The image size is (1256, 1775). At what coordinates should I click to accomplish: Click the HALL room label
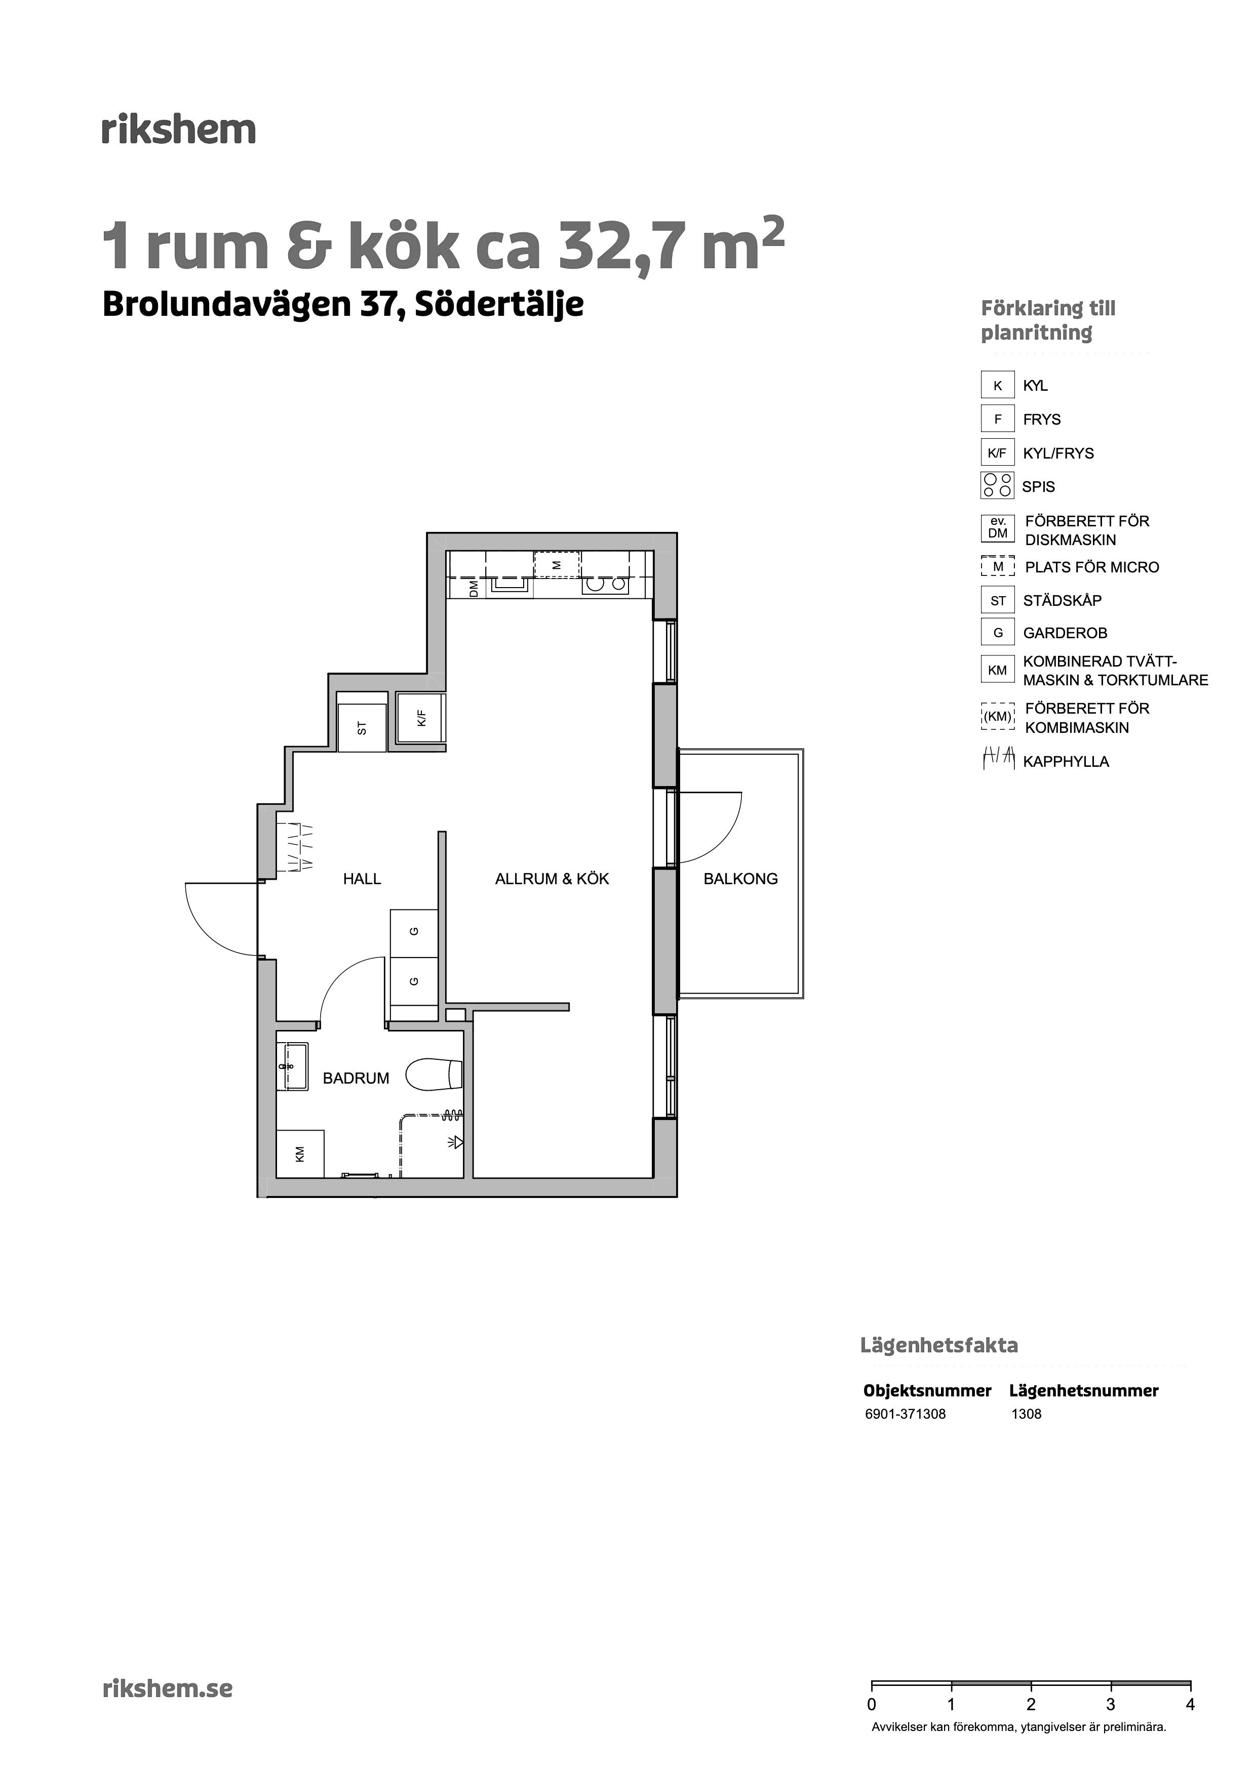coord(362,879)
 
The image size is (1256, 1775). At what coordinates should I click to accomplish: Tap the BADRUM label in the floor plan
coord(356,1079)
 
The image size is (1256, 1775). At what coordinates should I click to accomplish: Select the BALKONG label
coord(740,879)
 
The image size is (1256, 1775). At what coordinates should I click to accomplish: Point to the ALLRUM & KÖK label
coord(552,879)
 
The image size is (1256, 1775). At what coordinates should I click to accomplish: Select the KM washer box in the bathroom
coord(300,1153)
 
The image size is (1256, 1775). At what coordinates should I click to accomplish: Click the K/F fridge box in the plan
coord(421,718)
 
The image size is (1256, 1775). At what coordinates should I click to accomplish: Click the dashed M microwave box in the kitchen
coord(557,564)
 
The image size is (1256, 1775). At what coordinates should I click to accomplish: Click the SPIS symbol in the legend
coord(998,485)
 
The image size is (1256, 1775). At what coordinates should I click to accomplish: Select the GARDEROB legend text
coord(1065,633)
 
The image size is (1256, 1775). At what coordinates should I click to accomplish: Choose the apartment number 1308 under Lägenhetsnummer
coord(1026,1414)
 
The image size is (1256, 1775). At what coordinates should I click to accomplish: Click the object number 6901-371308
coord(905,1414)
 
